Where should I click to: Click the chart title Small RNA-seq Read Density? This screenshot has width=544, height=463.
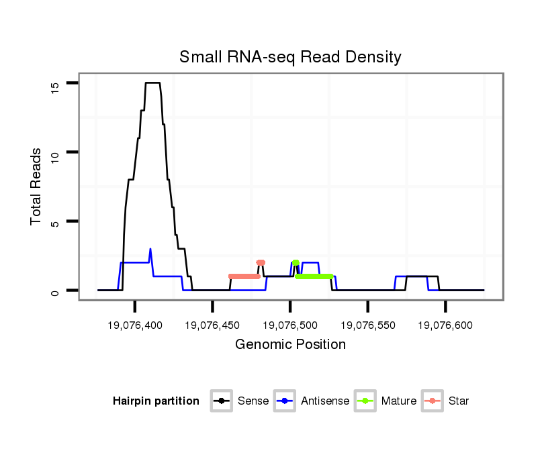coord(290,57)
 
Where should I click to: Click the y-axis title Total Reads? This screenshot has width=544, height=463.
coord(37,187)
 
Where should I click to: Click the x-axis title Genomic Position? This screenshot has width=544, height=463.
coord(290,345)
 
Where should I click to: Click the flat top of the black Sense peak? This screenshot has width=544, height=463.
coord(153,83)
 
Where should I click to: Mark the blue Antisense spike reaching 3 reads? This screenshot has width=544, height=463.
coord(150,250)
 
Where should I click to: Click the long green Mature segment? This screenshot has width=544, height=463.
coord(314,276)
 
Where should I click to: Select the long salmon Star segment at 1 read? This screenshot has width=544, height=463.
coord(244,276)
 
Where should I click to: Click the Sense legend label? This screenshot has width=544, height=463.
coord(253,401)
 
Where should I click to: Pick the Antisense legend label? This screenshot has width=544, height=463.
coord(325,401)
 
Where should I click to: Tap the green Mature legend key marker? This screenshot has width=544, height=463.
coord(365,401)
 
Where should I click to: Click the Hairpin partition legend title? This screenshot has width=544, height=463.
coord(156,401)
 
